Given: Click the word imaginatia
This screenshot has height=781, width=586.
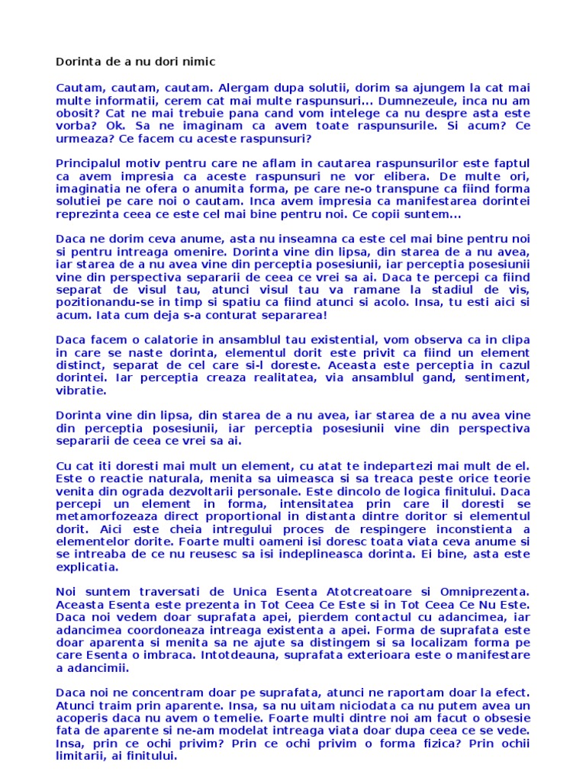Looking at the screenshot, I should pos(88,189).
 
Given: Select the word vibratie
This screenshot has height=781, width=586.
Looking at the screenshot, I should pos(81,390).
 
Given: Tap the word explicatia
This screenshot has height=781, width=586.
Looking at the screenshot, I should pos(87,567).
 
